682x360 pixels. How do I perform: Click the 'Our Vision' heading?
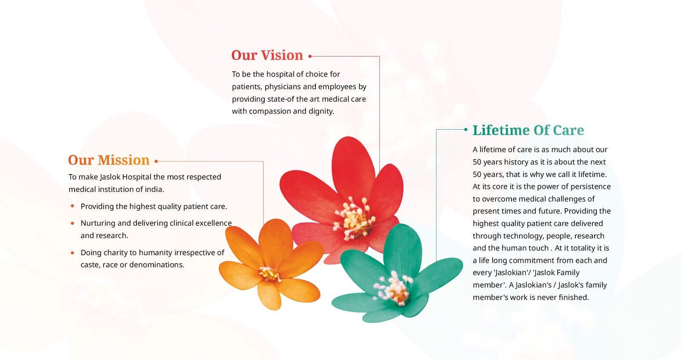click(267, 55)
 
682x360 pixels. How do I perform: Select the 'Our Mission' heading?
click(109, 160)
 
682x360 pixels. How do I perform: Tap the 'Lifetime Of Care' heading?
click(528, 131)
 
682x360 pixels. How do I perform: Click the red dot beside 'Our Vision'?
click(310, 56)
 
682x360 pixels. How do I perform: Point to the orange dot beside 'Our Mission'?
click(156, 161)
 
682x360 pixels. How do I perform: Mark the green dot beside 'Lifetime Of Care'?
click(466, 129)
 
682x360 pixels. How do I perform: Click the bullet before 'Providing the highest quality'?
click(72, 206)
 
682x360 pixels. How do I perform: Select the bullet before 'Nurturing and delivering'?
click(72, 223)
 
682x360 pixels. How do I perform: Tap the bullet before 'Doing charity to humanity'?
click(72, 253)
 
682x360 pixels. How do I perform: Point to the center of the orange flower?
click(269, 274)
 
